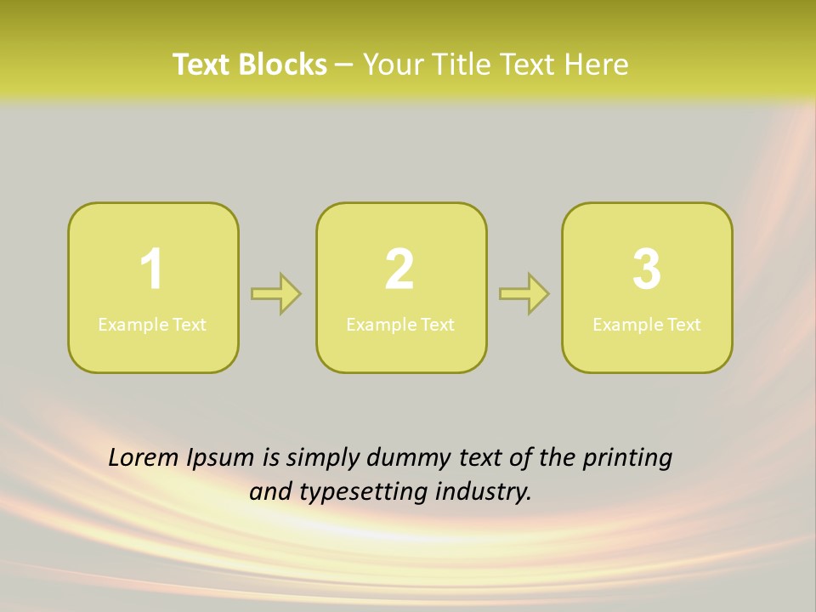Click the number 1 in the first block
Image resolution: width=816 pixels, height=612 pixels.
(x=152, y=270)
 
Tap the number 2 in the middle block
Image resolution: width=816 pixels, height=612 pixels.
(x=399, y=270)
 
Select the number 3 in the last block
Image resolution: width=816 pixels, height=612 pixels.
(x=647, y=270)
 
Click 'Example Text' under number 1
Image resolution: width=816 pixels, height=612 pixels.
(x=152, y=325)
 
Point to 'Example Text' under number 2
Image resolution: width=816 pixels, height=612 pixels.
(x=400, y=325)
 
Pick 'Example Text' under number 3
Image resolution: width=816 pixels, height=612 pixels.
(x=647, y=325)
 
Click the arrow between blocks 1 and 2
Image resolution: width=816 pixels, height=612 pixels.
(x=276, y=294)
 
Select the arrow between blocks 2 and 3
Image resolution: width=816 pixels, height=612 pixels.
(x=524, y=294)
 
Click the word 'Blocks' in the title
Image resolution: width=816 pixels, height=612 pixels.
(x=283, y=65)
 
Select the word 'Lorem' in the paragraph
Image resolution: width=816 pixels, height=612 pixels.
(x=144, y=458)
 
